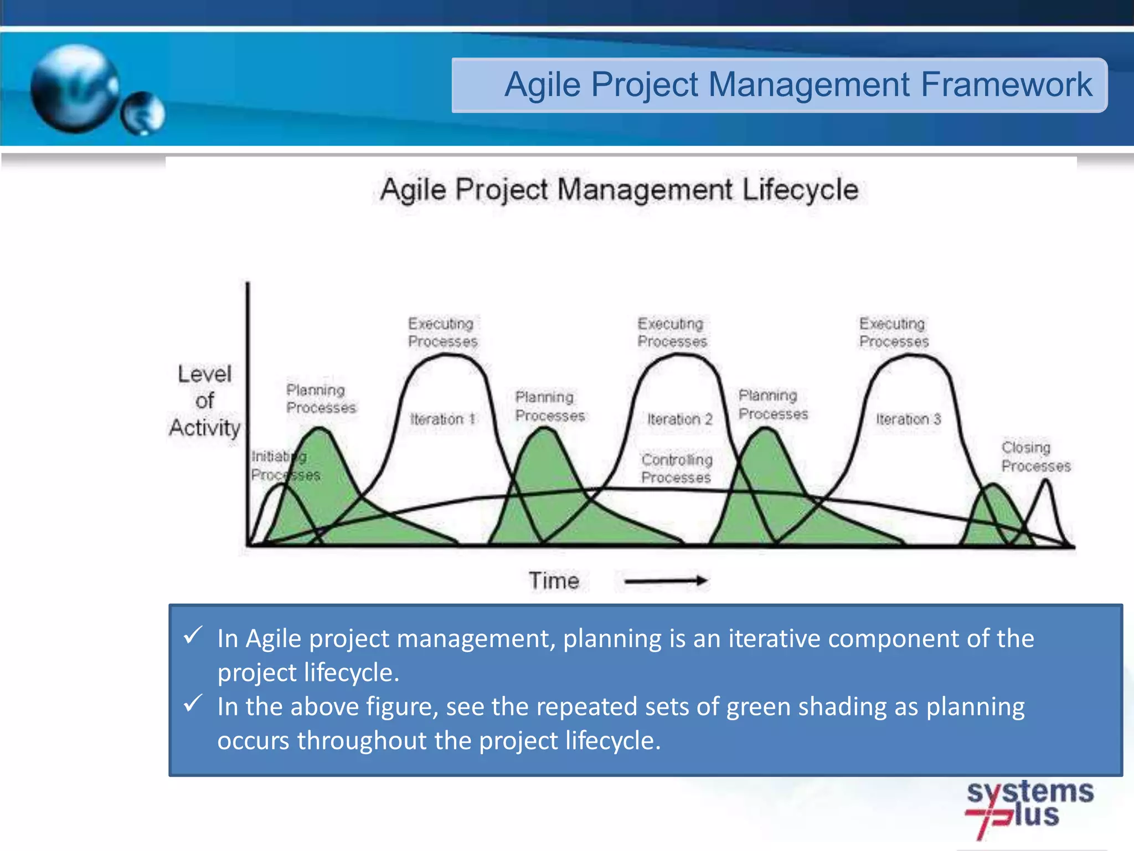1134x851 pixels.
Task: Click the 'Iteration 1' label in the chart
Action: pos(442,419)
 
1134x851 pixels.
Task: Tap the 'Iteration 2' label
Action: pos(679,419)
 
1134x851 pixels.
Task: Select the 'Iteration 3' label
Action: pos(908,419)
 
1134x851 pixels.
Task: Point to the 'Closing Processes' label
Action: pos(1035,457)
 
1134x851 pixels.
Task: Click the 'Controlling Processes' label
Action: pos(676,468)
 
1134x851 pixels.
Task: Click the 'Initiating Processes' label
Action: pos(284,465)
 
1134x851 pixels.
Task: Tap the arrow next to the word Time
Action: pos(666,581)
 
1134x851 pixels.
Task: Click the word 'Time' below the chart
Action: pos(554,581)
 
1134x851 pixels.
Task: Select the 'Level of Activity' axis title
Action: pos(205,401)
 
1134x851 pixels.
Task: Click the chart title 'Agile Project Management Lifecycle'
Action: pos(619,190)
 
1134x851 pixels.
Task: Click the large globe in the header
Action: pos(74,89)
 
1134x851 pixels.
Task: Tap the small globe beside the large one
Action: pos(143,113)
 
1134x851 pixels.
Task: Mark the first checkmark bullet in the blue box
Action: pos(193,635)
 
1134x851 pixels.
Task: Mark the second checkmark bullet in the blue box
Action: pos(193,703)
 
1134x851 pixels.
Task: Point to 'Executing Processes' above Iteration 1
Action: pos(442,332)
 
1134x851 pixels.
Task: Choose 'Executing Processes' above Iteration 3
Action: pos(893,332)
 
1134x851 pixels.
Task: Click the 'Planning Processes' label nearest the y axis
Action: pos(320,398)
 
